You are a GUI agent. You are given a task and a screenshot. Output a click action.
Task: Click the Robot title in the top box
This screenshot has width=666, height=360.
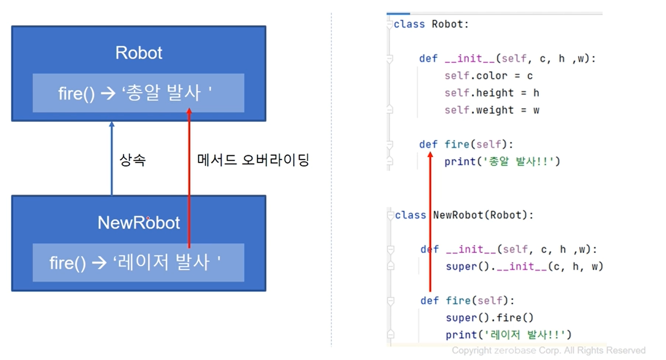coord(139,53)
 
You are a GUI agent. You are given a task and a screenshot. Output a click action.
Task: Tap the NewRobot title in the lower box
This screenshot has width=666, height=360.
coord(139,223)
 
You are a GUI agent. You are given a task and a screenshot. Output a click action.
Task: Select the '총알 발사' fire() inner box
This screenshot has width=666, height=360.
coord(138,93)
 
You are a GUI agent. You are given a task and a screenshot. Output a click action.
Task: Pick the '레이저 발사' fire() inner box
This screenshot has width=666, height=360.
coord(138,263)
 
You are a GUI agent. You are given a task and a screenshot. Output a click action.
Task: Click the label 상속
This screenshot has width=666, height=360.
coord(133,160)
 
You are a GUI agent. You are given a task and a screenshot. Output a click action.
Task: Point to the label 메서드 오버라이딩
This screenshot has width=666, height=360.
coord(253,160)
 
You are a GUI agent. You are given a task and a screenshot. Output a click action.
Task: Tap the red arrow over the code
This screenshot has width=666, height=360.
coord(430,221)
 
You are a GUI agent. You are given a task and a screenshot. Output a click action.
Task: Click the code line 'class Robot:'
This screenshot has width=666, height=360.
coord(431,24)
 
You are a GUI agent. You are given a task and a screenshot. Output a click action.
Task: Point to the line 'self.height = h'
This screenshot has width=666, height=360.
coord(492,93)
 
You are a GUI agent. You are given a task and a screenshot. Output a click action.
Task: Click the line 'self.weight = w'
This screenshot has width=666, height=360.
coord(492,110)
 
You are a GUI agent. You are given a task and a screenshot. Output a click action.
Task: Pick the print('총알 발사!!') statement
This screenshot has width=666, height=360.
coord(502,162)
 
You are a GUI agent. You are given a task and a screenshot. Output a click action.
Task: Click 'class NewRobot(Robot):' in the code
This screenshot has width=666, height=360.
coord(464,215)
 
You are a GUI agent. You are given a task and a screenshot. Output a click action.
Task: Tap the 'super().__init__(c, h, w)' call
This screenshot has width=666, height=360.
coord(524,267)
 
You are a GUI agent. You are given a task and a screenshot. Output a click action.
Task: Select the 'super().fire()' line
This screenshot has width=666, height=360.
coord(489,318)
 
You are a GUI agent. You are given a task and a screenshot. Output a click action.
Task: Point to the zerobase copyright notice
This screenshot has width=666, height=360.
coord(548,350)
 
